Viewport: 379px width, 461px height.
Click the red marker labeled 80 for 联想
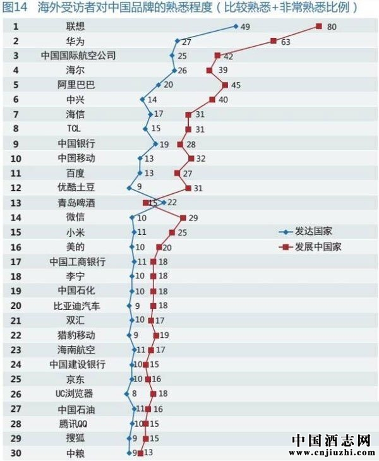pyautogui.click(x=319, y=27)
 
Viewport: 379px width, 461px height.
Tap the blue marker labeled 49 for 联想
pyautogui.click(x=236, y=27)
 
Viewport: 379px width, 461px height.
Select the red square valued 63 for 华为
pyautogui.click(x=274, y=41)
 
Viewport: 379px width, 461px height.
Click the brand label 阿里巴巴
pyautogui.click(x=75, y=85)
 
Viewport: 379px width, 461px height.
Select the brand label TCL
pyautogui.click(x=75, y=129)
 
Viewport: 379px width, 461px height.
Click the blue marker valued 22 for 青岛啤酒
pyautogui.click(x=164, y=203)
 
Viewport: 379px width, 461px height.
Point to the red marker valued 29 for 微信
pyautogui.click(x=183, y=217)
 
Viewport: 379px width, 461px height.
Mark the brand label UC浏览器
pyautogui.click(x=75, y=393)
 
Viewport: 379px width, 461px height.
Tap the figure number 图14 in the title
pyautogui.click(x=16, y=8)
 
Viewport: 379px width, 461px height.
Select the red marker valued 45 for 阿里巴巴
pyautogui.click(x=225, y=85)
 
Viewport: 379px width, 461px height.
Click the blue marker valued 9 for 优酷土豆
pyautogui.click(x=129, y=188)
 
